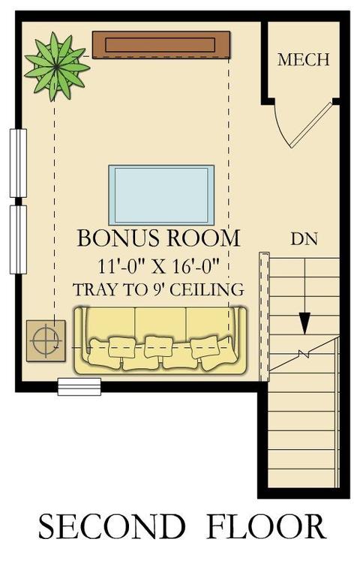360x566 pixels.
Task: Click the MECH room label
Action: pos(303,59)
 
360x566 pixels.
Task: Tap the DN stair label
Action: pos(304,239)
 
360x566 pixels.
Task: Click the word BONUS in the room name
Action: pos(118,238)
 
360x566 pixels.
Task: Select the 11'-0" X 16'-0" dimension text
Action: pos(159,266)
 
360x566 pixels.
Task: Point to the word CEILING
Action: pos(207,290)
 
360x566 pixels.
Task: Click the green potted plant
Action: pos(57,67)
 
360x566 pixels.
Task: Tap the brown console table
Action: pos(161,45)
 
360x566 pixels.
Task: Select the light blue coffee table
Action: pos(161,195)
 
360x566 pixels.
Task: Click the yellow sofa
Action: pos(160,340)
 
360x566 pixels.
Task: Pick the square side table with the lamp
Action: pos(46,340)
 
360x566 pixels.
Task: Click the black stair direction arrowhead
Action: pos(304,323)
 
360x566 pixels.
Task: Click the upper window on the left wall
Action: pos(18,163)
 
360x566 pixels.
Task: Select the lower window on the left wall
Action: pos(18,240)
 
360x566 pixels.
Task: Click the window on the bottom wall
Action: pos(79,387)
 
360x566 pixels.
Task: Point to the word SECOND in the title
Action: pos(112,527)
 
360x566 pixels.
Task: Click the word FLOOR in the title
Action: pos(266,527)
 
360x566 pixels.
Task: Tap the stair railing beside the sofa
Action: pos(265,316)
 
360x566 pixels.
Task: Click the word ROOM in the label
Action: pos(203,238)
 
